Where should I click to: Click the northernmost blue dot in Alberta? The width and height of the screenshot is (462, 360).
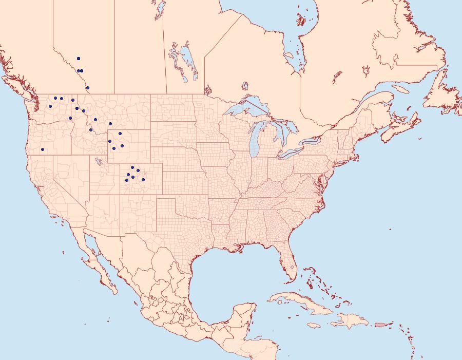[x=79, y=59]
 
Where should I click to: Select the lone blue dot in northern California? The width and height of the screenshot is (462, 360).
[x=43, y=149]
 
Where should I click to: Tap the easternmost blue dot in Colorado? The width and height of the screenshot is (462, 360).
[x=143, y=179]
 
